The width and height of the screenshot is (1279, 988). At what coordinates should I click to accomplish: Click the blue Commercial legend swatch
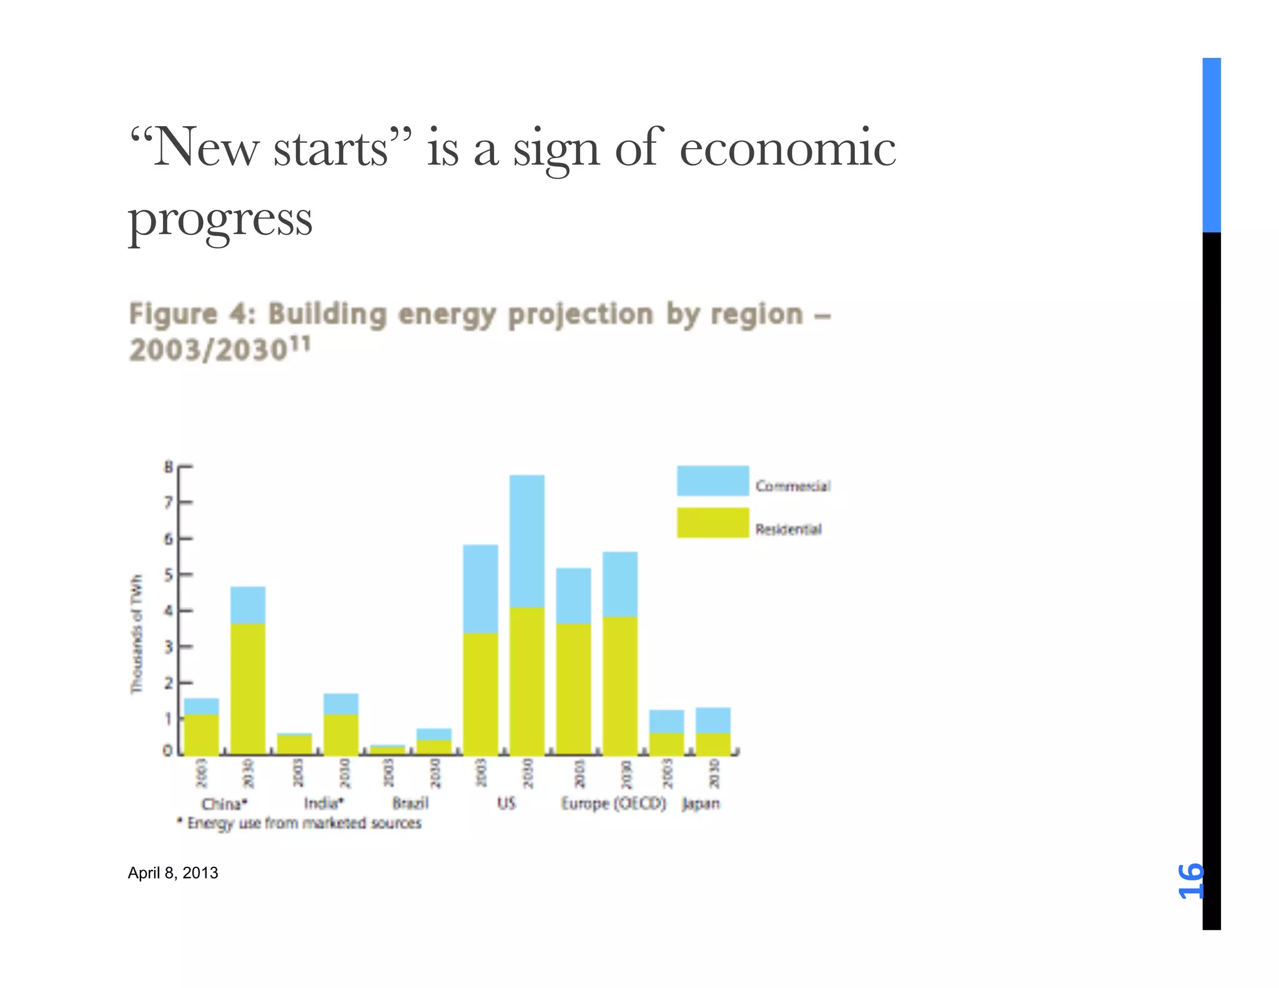[x=713, y=480]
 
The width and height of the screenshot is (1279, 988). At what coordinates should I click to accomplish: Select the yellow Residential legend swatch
[x=713, y=523]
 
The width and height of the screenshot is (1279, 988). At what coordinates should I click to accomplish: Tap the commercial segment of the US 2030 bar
[x=526, y=541]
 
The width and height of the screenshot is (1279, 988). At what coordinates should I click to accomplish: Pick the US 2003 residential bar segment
[x=480, y=693]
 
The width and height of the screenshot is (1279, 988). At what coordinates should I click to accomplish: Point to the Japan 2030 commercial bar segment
[x=713, y=720]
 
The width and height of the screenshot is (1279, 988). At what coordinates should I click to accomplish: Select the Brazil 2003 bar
[x=387, y=749]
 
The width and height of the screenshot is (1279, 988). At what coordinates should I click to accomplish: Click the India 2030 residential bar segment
[x=341, y=734]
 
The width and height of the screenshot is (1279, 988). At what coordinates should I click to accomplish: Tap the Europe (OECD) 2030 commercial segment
[x=620, y=584]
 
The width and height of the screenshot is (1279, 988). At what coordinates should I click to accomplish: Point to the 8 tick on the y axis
[x=168, y=467]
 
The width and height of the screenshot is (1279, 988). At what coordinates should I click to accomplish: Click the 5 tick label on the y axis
[x=168, y=575]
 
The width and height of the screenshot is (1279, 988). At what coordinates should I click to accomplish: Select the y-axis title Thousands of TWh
[x=136, y=634]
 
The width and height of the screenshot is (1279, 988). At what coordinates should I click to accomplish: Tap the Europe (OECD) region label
[x=613, y=803]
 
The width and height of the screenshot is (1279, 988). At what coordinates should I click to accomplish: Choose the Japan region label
[x=700, y=803]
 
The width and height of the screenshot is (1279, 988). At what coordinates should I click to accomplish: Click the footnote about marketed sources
[x=300, y=823]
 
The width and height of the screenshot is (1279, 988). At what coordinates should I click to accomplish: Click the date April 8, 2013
[x=173, y=872]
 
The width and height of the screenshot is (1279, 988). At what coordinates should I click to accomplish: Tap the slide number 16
[x=1190, y=881]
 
